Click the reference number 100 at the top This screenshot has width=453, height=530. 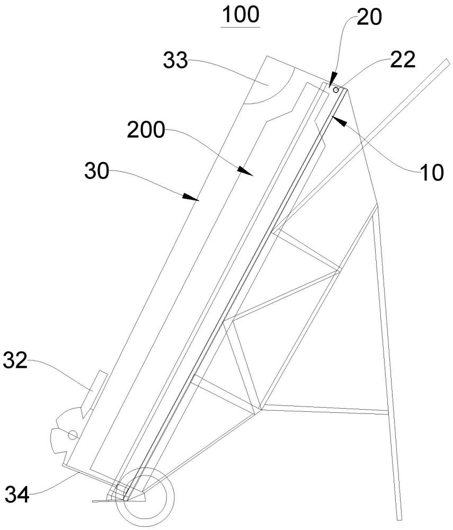coord(241,15)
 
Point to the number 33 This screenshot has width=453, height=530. coord(175,61)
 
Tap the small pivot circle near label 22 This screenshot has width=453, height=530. coord(336,90)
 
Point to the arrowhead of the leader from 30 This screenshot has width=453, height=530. coord(193,199)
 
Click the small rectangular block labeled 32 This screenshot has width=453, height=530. coord(95,390)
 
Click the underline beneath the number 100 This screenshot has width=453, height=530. coord(241,26)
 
